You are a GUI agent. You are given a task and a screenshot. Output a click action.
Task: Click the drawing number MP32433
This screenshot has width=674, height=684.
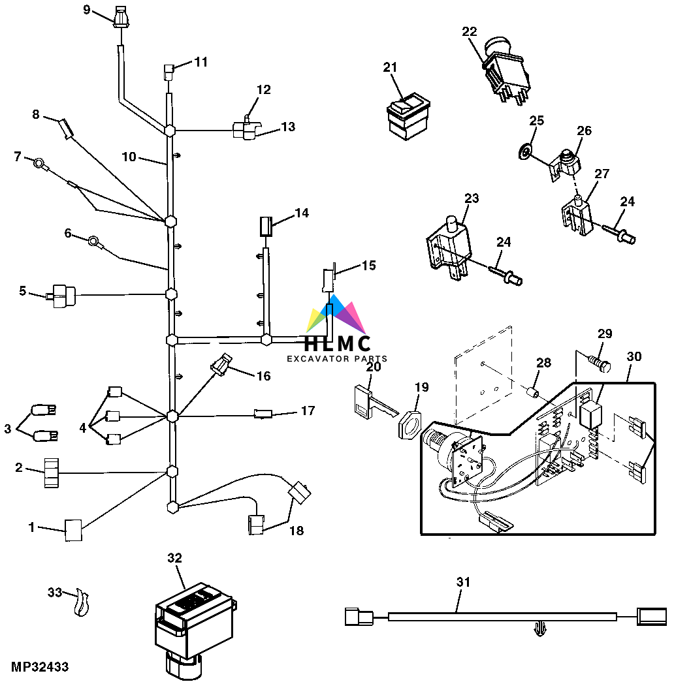click(x=40, y=667)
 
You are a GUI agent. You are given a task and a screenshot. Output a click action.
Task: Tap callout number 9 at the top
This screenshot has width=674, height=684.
click(x=86, y=10)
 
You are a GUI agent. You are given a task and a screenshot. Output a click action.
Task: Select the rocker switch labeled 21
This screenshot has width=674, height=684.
click(x=408, y=116)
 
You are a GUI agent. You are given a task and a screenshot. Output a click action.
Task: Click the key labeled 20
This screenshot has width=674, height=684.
click(x=376, y=402)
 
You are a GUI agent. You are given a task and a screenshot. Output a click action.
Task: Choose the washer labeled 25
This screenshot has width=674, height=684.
click(x=524, y=152)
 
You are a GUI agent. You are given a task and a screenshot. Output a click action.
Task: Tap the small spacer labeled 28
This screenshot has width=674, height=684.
click(x=532, y=392)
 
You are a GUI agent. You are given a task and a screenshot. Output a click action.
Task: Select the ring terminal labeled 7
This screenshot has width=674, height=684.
click(x=40, y=164)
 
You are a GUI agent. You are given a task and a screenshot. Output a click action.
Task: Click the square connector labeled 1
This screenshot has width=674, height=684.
click(x=73, y=530)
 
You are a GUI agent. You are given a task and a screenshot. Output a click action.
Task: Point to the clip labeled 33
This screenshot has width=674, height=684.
click(x=81, y=602)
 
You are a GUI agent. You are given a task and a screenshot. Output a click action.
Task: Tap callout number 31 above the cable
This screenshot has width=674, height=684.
click(x=463, y=582)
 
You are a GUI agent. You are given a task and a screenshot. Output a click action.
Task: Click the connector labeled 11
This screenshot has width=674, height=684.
click(x=169, y=72)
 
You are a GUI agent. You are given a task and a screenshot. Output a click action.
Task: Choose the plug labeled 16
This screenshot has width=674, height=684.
click(x=221, y=364)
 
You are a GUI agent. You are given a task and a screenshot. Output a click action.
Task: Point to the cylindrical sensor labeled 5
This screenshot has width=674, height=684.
click(x=62, y=296)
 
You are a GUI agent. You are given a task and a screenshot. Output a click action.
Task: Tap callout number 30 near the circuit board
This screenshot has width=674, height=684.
click(x=634, y=356)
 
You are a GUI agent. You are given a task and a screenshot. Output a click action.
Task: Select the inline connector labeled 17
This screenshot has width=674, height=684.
click(x=263, y=414)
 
